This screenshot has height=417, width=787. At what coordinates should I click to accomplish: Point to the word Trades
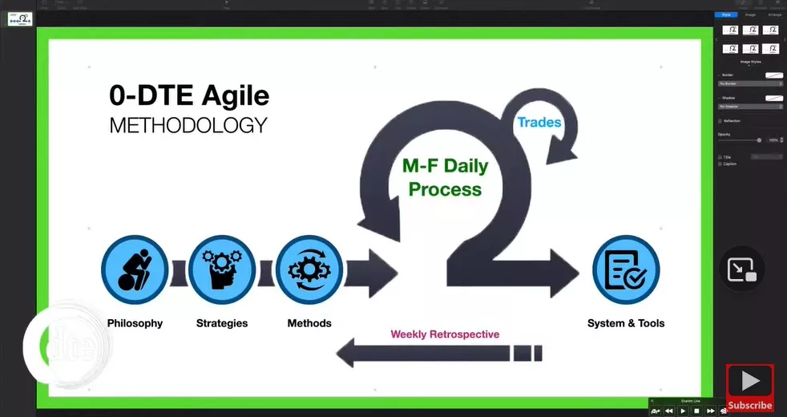pos(539,123)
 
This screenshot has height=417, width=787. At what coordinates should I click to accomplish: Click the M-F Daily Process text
pos(445,178)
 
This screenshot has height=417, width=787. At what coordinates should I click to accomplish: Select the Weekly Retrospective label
pos(445,334)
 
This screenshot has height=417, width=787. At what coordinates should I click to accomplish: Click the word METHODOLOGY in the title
pos(188,126)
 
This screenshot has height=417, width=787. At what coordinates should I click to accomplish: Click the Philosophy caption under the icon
pos(135,323)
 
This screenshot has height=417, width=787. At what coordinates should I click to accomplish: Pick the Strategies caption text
pos(222,323)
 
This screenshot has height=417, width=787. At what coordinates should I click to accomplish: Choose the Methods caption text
pos(309,323)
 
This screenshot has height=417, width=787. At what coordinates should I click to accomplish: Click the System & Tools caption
pos(626,323)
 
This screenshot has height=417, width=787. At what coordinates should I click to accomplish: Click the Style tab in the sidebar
pos(726,14)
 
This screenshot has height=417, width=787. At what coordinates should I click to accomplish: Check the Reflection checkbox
pos(720,121)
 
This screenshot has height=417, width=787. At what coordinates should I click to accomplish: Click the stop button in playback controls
pos(696,411)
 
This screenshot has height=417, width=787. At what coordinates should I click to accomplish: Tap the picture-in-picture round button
pos(742,270)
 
